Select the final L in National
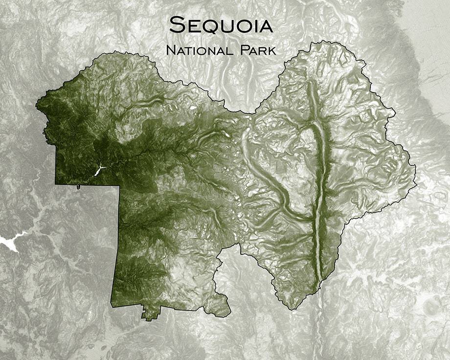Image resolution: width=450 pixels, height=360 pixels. [x=227, y=50]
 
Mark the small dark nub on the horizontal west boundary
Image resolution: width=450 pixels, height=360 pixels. [x=78, y=187]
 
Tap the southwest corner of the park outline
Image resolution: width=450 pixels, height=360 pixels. [x=113, y=307]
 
